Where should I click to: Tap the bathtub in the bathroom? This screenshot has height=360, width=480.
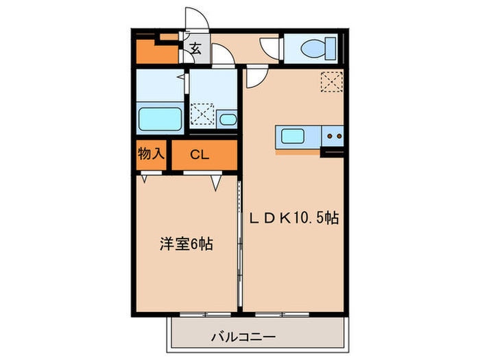[x=160, y=119]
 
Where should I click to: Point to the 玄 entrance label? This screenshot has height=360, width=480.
[x=195, y=49]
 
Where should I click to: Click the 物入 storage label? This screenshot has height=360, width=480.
[x=150, y=154]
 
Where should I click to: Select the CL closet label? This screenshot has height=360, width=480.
[x=200, y=155]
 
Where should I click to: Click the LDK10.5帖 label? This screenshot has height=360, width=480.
[x=294, y=218]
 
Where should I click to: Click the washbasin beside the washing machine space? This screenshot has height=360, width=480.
[x=228, y=121]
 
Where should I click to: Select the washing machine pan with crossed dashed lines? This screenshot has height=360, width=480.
[x=203, y=114]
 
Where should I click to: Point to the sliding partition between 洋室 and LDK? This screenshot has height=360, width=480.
[x=239, y=240]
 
